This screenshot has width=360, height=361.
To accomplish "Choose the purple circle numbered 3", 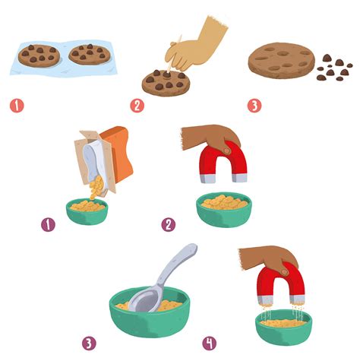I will [x=90, y=343].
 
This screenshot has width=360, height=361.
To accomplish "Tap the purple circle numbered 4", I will [x=210, y=343].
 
